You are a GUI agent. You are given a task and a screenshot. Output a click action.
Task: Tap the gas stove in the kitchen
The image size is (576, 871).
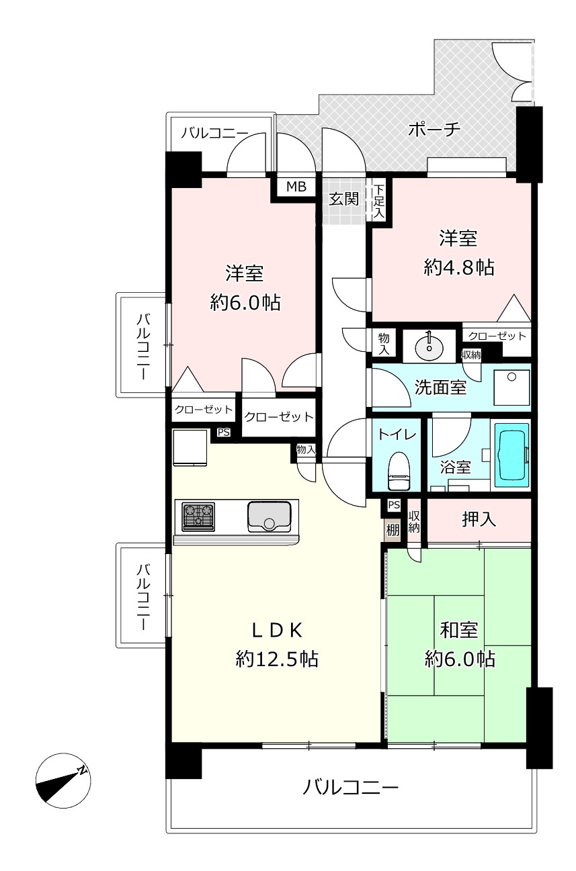tap(198, 517)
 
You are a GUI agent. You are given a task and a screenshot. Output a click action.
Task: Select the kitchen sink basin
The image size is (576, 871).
tap(270, 517)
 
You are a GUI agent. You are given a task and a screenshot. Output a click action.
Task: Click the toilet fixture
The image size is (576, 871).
tap(399, 471)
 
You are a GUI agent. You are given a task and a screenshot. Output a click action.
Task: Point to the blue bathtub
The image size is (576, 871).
tap(512, 455)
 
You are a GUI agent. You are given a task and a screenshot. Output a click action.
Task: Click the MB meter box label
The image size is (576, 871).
tap(296, 187)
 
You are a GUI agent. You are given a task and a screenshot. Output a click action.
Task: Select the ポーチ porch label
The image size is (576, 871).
tap(434, 129)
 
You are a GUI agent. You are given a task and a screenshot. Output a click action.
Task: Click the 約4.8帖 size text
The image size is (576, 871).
tap(459, 267)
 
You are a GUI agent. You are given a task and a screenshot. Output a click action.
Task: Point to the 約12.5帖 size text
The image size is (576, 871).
tap(277, 659)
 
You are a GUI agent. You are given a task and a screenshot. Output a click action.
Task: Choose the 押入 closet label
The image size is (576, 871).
tap(479, 519)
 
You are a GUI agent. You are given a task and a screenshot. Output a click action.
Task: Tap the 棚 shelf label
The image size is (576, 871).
tap(393, 530)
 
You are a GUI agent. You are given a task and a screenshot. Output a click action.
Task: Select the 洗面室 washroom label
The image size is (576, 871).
tap(440, 387)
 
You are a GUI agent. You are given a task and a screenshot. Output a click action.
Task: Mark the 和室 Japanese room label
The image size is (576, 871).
tap(459, 630)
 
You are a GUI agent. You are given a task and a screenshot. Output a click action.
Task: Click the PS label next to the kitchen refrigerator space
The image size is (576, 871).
tap(223, 432)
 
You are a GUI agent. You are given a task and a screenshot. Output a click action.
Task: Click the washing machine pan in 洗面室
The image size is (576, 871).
tap(511, 387)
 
